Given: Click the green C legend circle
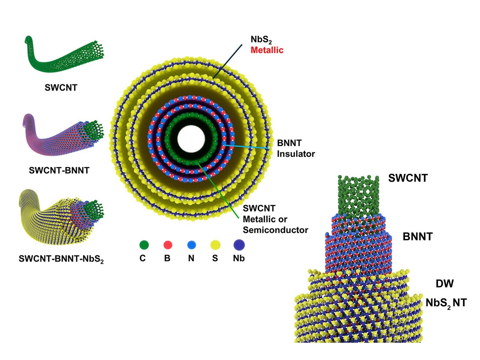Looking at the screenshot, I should coord(144,245).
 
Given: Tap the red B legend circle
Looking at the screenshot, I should coord(168,245).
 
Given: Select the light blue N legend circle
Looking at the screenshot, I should coord(191,245).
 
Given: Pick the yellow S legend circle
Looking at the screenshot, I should coord(215,245).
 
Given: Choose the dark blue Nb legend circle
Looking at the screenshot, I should coord(239,245).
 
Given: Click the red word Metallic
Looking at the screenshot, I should coord(267,50).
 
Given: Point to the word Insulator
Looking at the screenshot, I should coord(296,154).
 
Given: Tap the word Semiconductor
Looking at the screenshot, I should coord(275,230).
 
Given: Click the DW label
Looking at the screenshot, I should coord(444,284).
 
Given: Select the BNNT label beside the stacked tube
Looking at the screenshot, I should coord(417,237).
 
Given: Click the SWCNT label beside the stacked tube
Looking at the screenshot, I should coord(408,178).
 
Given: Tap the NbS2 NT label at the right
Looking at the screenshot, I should coord(446,303).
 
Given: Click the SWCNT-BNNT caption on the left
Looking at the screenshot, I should coord(59,171).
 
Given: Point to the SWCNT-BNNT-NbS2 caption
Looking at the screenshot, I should coord(61,259).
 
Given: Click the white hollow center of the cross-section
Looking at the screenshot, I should coord(191,141).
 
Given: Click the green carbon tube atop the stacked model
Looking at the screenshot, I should coord(358,195).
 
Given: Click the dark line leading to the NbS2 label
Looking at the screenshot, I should coord(228,61).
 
